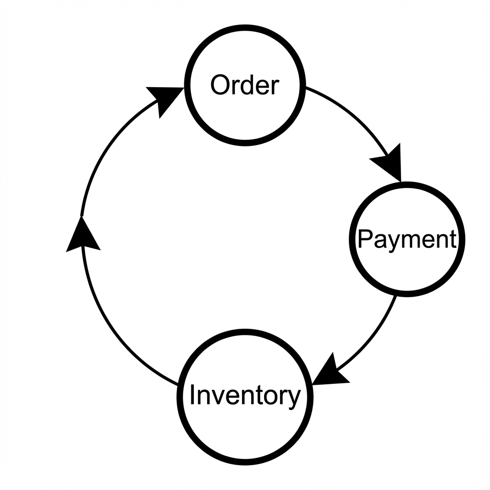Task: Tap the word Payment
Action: (406, 239)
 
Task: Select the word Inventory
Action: (245, 396)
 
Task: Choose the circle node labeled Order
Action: (245, 115)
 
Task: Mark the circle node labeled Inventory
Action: (245, 431)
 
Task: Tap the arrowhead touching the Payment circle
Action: (389, 165)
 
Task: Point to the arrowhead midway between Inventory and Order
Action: (82, 234)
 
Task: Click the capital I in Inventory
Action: (192, 395)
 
